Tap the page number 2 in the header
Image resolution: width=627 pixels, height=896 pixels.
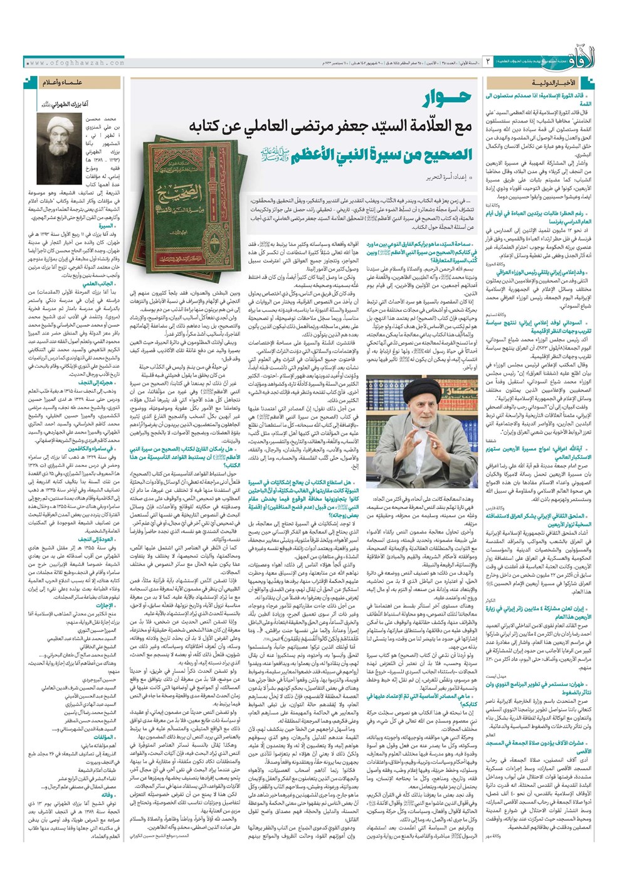pos(488,63)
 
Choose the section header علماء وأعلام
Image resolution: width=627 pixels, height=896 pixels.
pos(63,83)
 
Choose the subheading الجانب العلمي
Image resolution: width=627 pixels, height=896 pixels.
pos(98,284)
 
